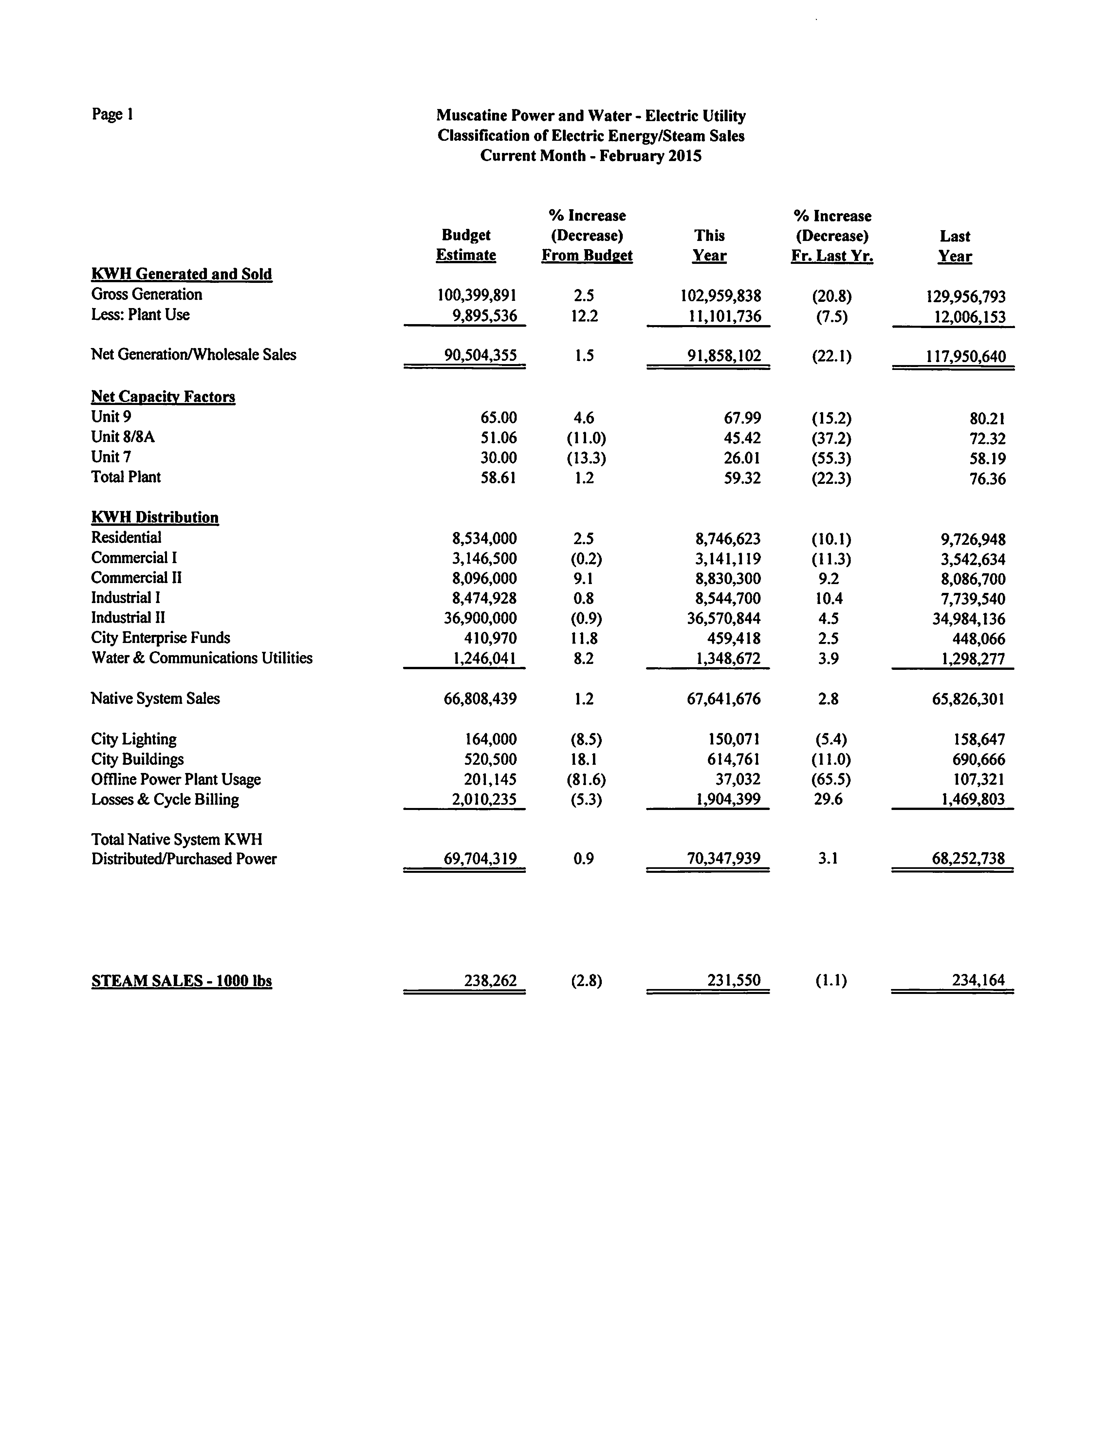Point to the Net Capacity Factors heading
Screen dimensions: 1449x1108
click(x=163, y=396)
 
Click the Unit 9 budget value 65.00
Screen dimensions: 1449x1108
click(x=498, y=417)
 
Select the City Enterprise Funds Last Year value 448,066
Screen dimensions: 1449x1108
click(x=979, y=638)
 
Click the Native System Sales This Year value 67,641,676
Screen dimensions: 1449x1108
click(x=724, y=698)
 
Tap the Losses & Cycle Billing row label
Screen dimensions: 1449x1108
click(x=165, y=799)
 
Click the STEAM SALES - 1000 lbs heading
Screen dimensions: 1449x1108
click(x=181, y=981)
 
